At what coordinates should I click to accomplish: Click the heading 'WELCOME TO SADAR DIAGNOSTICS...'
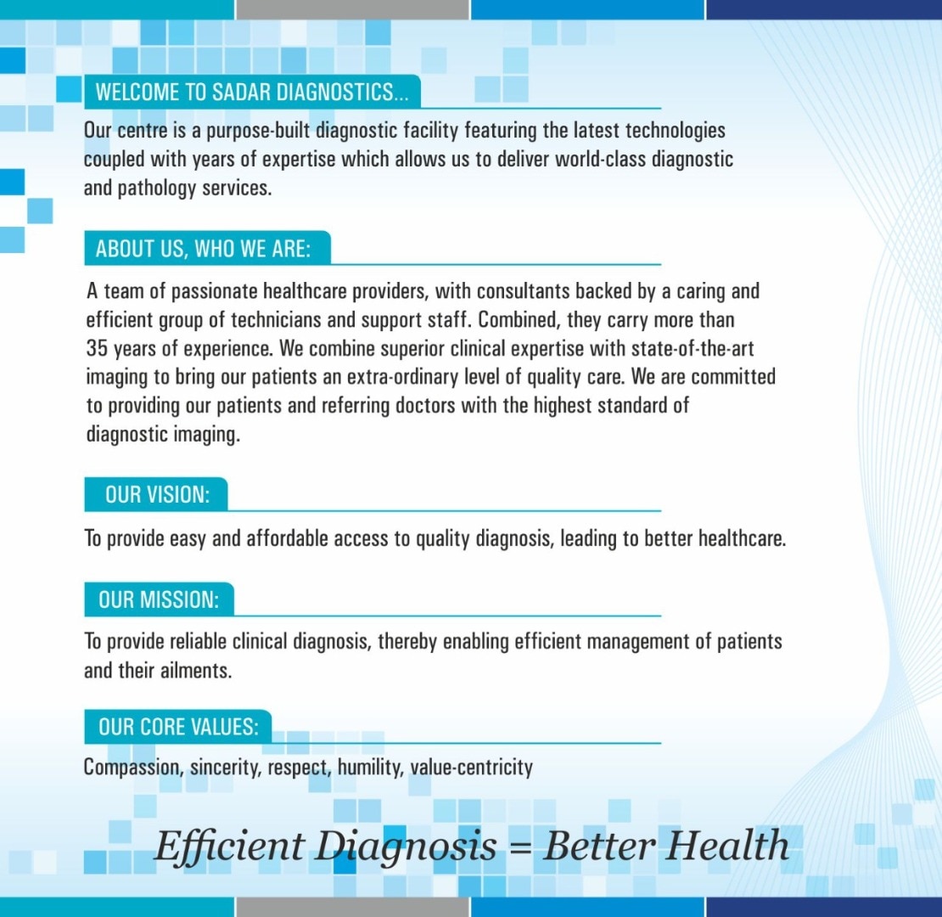[252, 92]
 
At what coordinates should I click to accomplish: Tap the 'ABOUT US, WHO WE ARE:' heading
[203, 248]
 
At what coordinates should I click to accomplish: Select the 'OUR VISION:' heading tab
[157, 494]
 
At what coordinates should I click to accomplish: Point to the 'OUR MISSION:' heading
[159, 599]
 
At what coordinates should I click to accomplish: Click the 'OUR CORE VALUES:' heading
[178, 727]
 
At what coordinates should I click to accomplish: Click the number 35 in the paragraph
[96, 348]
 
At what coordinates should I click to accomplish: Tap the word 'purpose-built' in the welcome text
[258, 131]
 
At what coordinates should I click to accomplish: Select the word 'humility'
[370, 768]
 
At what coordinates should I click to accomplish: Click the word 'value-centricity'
[472, 768]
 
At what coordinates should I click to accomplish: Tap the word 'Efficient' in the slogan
[229, 846]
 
